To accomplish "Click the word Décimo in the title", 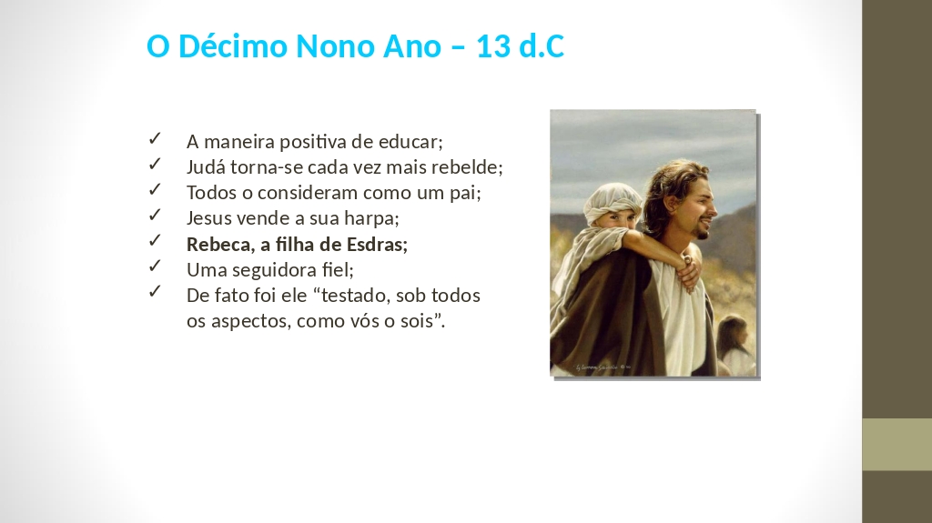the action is click(233, 45).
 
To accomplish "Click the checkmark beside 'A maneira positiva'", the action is click(155, 138).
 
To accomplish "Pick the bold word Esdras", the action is click(377, 245).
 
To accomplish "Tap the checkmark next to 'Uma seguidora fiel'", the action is click(155, 267).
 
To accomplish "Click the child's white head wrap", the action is click(612, 205).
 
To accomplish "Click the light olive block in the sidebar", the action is click(897, 445).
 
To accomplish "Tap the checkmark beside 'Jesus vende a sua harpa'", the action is click(155, 215).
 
